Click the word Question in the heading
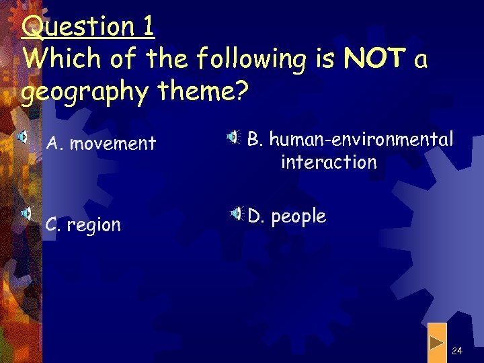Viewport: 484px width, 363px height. (77, 27)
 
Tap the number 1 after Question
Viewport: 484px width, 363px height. (148, 27)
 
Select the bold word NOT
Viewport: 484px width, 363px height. (372, 59)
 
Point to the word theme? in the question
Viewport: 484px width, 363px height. (201, 92)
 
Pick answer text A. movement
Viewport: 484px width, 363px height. (101, 143)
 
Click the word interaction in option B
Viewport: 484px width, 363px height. (329, 162)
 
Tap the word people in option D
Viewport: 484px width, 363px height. (298, 216)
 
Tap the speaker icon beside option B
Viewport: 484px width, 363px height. (233, 137)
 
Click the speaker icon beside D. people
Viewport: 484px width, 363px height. (237, 214)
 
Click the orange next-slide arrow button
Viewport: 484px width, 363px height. (437, 343)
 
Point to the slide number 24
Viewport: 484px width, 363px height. (457, 351)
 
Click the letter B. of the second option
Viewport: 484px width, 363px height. (257, 139)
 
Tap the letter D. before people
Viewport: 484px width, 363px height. (256, 216)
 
